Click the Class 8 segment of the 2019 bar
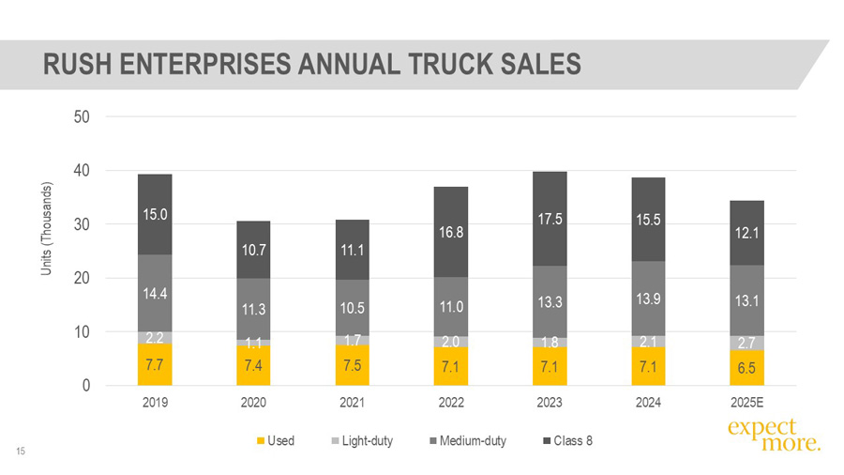point(155,214)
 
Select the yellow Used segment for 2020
point(253,363)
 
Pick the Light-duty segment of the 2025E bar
point(747,343)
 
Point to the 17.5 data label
point(550,221)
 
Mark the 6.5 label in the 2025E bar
point(747,369)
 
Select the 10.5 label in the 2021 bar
point(353,307)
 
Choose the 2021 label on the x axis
point(353,404)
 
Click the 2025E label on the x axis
point(747,404)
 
